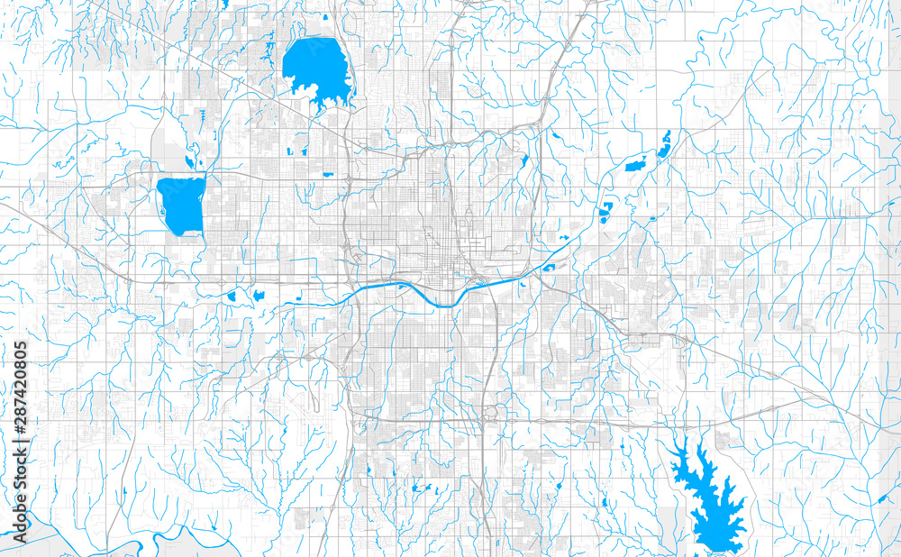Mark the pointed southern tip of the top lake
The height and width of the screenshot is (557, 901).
(321, 106)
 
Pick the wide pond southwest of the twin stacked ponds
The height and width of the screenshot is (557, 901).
(635, 165)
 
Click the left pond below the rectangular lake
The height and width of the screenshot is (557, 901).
(232, 296)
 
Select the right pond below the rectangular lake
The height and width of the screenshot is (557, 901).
(259, 295)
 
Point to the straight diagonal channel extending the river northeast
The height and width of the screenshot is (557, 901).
(545, 256)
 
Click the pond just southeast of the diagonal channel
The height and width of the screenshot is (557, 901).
(551, 265)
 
